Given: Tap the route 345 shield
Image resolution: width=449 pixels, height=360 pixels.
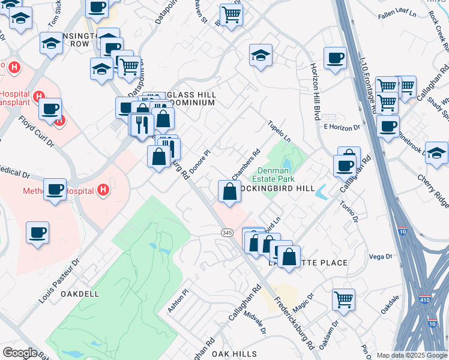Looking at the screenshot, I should click(226, 233).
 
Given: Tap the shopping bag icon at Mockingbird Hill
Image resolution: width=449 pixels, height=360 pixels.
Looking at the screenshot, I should click(229, 192).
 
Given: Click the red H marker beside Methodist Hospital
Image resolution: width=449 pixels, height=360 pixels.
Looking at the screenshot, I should click(104, 190).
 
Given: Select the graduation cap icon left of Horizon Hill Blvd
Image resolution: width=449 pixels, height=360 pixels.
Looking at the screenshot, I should click(261, 56).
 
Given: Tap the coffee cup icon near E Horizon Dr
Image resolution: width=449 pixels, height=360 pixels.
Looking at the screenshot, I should click(388, 126).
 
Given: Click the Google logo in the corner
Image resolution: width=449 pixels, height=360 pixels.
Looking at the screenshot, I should click(19, 353).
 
